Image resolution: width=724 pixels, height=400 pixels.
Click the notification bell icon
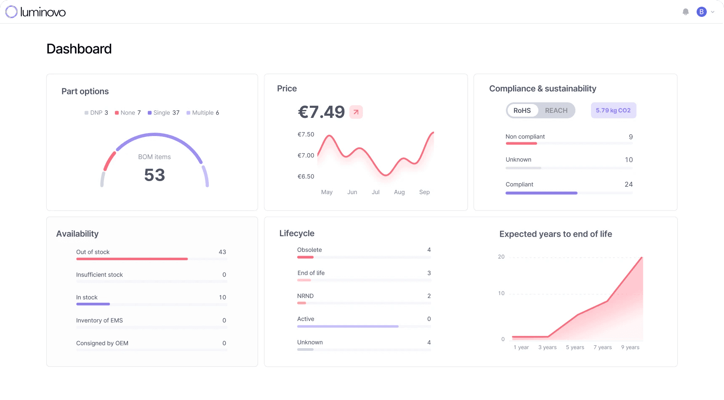[x=686, y=12]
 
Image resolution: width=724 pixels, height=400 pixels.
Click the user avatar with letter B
[x=701, y=12]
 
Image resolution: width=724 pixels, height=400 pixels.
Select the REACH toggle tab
[x=556, y=110]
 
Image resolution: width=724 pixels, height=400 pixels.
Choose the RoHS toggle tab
[x=522, y=110]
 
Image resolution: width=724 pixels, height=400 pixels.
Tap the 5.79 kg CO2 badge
[x=613, y=110]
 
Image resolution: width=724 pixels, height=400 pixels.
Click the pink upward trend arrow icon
[x=356, y=112]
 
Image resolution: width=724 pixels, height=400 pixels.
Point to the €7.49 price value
[x=321, y=112]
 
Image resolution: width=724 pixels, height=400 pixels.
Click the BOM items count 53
[x=154, y=175]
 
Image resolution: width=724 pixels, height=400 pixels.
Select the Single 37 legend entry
[x=164, y=113]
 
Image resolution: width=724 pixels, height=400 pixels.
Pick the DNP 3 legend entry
[x=96, y=113]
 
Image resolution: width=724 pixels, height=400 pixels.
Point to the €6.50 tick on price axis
[x=306, y=176]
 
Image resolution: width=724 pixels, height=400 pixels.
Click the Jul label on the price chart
[x=375, y=192]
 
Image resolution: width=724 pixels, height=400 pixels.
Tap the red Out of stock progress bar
[x=132, y=259]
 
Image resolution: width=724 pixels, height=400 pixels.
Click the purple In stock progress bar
[x=93, y=304]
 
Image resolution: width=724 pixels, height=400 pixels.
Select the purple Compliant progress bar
[x=541, y=193]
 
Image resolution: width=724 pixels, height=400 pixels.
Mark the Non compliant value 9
[x=631, y=137]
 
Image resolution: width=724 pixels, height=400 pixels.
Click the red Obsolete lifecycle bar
[x=305, y=257]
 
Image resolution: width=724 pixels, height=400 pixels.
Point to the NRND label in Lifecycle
[x=305, y=296]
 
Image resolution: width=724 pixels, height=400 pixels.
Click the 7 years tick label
[x=602, y=347]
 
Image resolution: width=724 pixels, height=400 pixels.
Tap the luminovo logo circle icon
[x=11, y=12]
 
